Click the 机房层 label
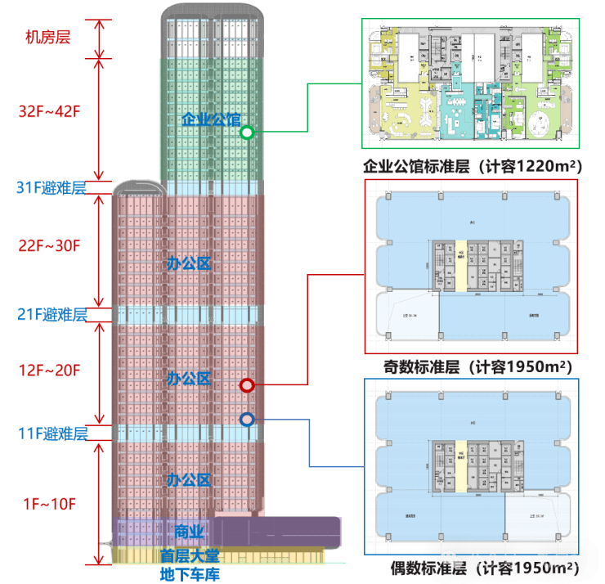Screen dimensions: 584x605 [x=46, y=38]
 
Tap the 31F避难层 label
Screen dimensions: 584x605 [x=51, y=187]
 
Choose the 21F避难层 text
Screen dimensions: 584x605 [x=52, y=313]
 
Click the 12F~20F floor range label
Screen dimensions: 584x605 [x=50, y=370]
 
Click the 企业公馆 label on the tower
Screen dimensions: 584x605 [x=211, y=119]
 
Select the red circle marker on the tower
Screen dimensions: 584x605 [x=247, y=385]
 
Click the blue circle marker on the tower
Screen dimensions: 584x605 [x=247, y=420]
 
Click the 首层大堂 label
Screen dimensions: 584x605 [x=189, y=555]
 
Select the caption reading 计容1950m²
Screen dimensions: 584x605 [x=477, y=365]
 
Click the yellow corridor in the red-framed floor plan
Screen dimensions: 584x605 [x=460, y=266]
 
